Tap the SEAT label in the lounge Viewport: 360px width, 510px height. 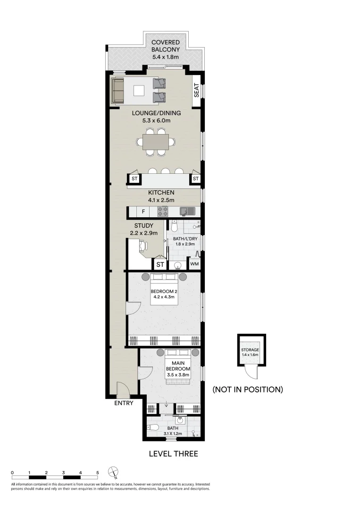[x=197, y=90]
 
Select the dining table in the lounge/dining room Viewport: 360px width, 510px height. [x=156, y=141]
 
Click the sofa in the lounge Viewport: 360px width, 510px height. [x=117, y=90]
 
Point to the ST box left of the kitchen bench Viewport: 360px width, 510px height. [x=134, y=179]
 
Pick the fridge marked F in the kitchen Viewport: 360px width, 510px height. [x=143, y=212]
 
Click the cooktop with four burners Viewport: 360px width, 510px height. [x=163, y=212]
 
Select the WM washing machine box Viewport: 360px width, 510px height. [x=194, y=263]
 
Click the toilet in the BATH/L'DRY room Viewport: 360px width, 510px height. [x=173, y=227]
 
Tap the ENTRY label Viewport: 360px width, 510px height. [x=124, y=403]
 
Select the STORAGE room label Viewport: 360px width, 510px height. [x=250, y=350]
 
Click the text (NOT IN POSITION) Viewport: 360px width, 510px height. [x=247, y=390]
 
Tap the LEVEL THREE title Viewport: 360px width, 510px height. [x=173, y=454]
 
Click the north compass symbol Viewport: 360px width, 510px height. [x=113, y=472]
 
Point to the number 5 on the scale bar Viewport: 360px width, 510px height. [x=98, y=472]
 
